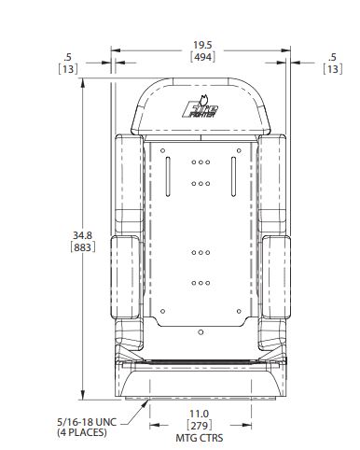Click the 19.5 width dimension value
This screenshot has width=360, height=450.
(202, 45)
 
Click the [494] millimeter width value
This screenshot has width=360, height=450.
(202, 57)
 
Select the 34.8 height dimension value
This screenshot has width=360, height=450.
(82, 235)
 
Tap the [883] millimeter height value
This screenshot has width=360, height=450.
(83, 247)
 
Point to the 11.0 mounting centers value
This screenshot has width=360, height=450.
(200, 414)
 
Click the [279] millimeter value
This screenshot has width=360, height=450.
(200, 426)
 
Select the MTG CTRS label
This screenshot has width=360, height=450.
(200, 438)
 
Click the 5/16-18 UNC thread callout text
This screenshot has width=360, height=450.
(87, 422)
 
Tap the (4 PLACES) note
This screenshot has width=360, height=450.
(82, 432)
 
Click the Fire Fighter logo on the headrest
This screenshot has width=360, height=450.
(201, 107)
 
